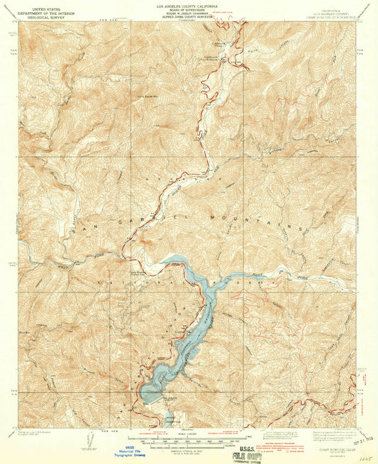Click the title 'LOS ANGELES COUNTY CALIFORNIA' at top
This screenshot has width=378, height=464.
pos(188,5)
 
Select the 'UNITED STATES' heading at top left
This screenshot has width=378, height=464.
pos(40,6)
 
